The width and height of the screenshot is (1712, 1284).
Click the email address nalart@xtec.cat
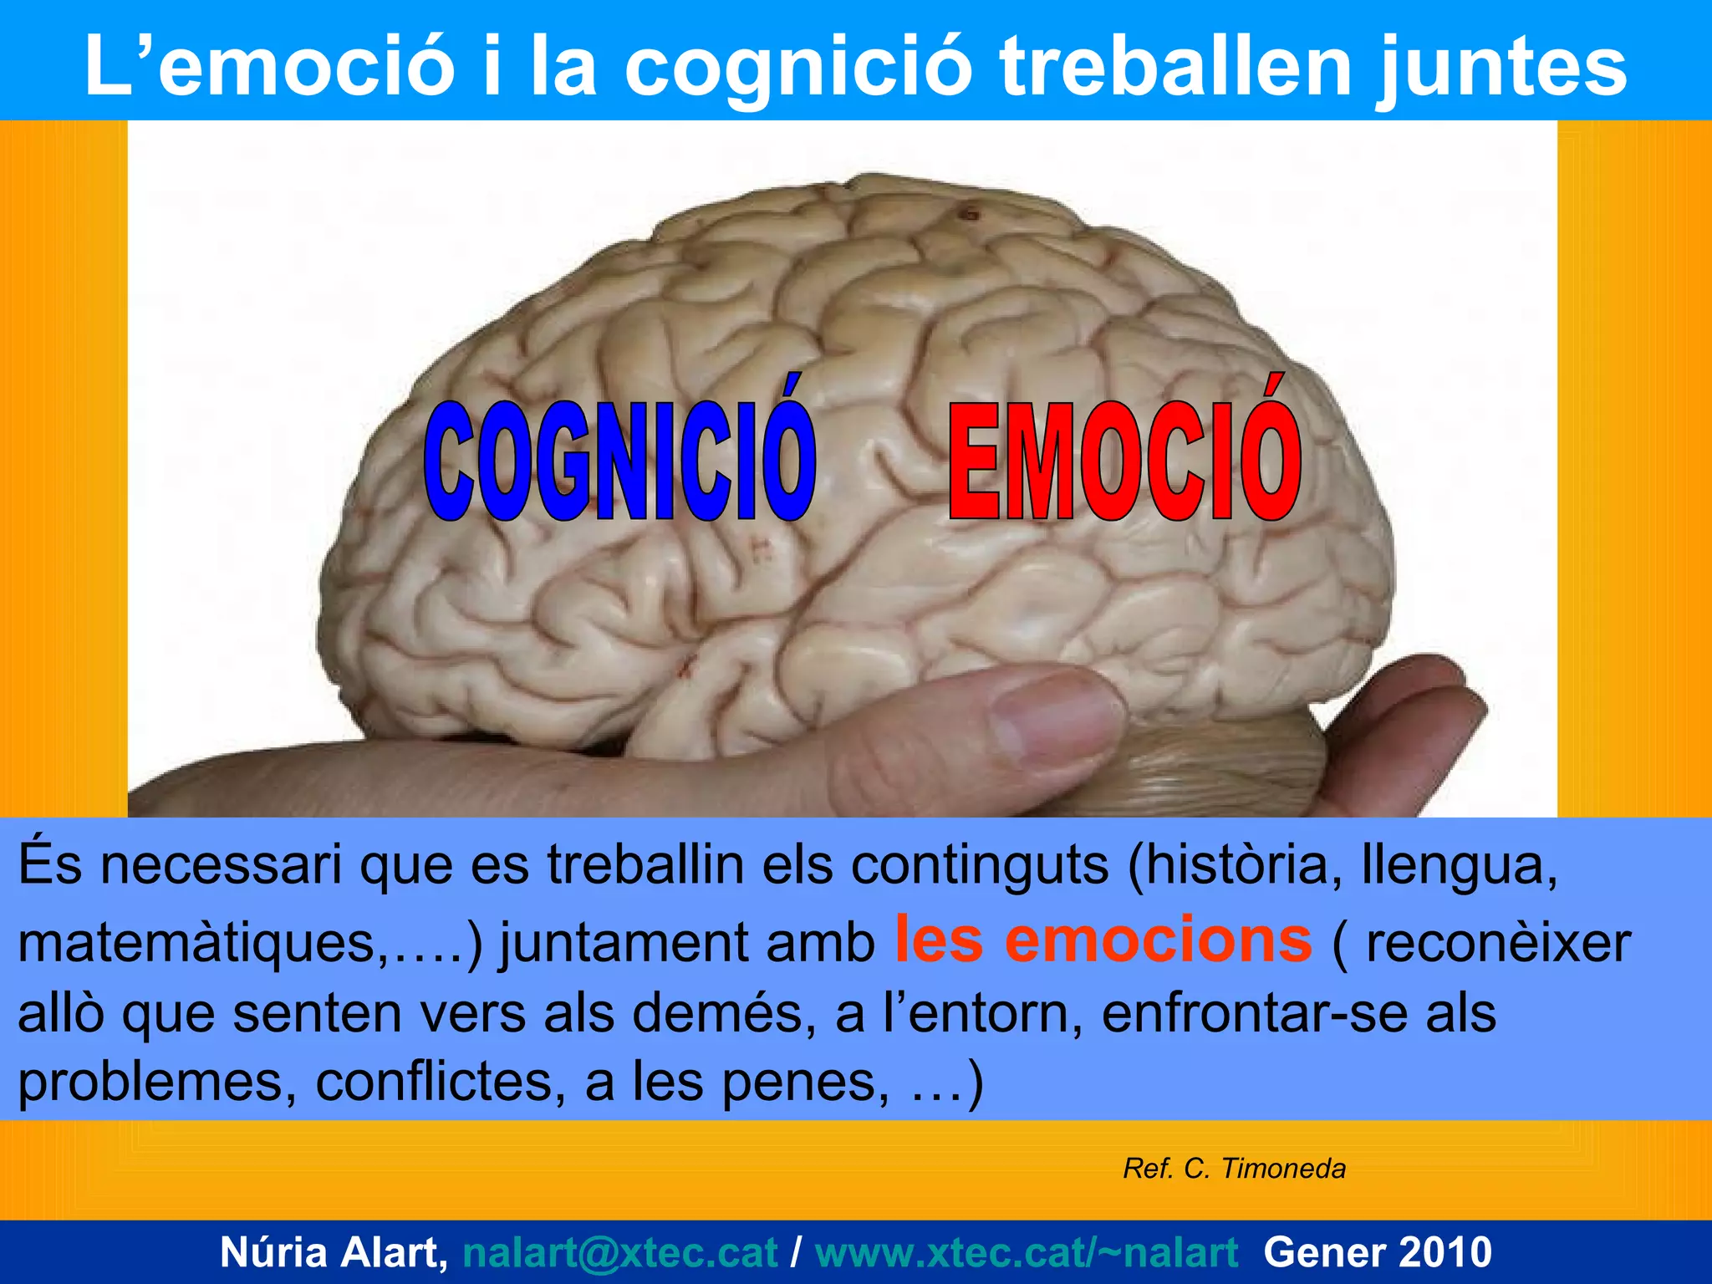619,1252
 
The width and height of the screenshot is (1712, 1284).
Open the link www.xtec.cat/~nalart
1026,1252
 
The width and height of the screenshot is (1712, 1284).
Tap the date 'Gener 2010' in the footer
1378,1252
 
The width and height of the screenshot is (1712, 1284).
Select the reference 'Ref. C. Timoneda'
1234,1169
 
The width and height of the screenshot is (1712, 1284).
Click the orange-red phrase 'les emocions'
1103,940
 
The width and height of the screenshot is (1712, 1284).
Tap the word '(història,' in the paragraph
1229,864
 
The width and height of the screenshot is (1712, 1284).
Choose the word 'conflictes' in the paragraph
435,1082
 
